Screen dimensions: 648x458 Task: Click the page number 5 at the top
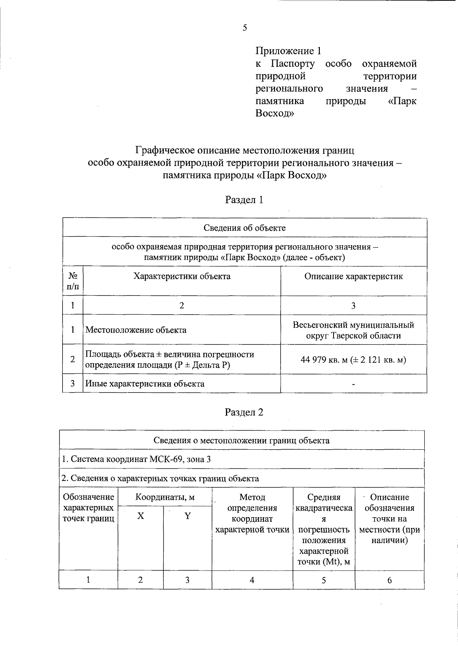(245, 27)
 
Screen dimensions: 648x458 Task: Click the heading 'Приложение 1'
(289, 51)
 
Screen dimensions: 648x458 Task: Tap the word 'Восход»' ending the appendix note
(275, 113)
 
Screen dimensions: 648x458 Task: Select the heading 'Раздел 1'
(244, 200)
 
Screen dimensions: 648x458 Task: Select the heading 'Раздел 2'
(244, 412)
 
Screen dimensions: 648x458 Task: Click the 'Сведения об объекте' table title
(244, 228)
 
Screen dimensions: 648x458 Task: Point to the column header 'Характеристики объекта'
(182, 276)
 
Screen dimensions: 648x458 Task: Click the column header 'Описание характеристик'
(353, 276)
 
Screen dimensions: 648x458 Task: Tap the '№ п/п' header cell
(73, 281)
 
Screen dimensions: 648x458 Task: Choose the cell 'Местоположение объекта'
(136, 330)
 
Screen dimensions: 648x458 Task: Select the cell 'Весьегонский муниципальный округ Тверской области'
(353, 330)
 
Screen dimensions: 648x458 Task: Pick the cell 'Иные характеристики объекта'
(145, 384)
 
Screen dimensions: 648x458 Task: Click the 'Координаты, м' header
(165, 497)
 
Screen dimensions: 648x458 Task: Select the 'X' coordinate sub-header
(141, 516)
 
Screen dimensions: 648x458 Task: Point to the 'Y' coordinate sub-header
(187, 516)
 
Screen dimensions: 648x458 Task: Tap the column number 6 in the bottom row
(389, 580)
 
